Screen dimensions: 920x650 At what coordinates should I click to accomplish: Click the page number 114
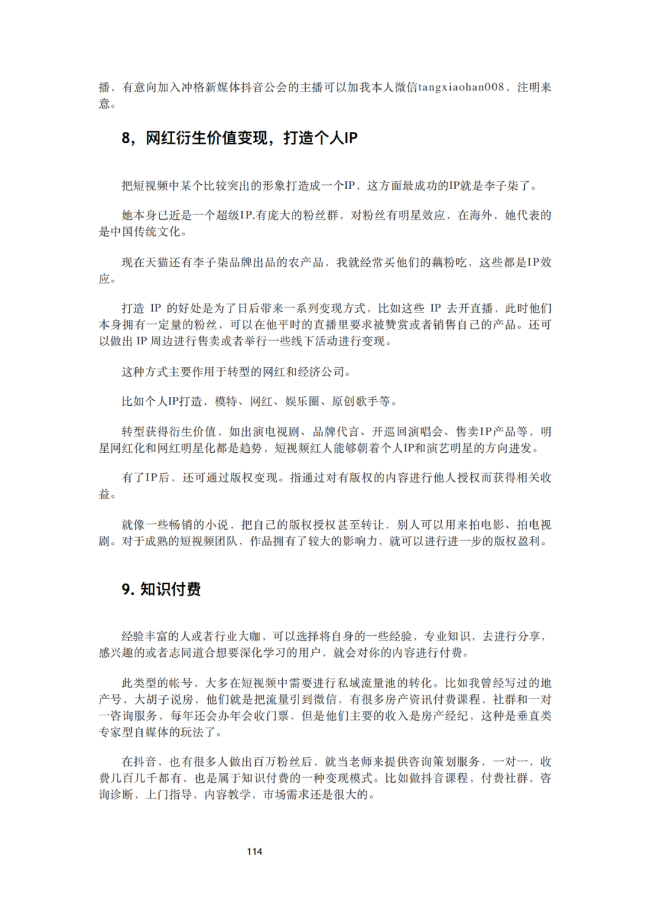click(255, 851)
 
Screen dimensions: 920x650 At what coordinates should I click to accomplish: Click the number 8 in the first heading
click(126, 138)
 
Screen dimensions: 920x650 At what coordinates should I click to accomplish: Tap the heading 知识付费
click(170, 589)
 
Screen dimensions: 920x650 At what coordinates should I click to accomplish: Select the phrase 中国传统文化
click(146, 232)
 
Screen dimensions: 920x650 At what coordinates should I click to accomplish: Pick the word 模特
click(226, 402)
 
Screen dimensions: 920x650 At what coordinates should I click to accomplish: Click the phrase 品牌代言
click(336, 432)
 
